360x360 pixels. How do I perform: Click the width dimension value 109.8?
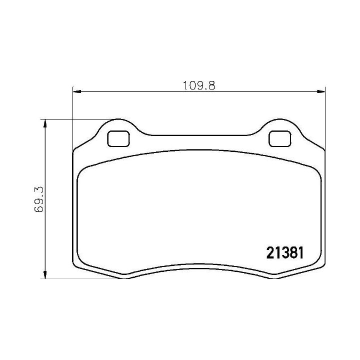199,85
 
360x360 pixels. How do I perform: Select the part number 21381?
281,253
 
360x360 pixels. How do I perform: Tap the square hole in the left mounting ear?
118,138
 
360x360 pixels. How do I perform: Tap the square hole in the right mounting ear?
279,138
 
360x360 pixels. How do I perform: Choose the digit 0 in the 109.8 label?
192,85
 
